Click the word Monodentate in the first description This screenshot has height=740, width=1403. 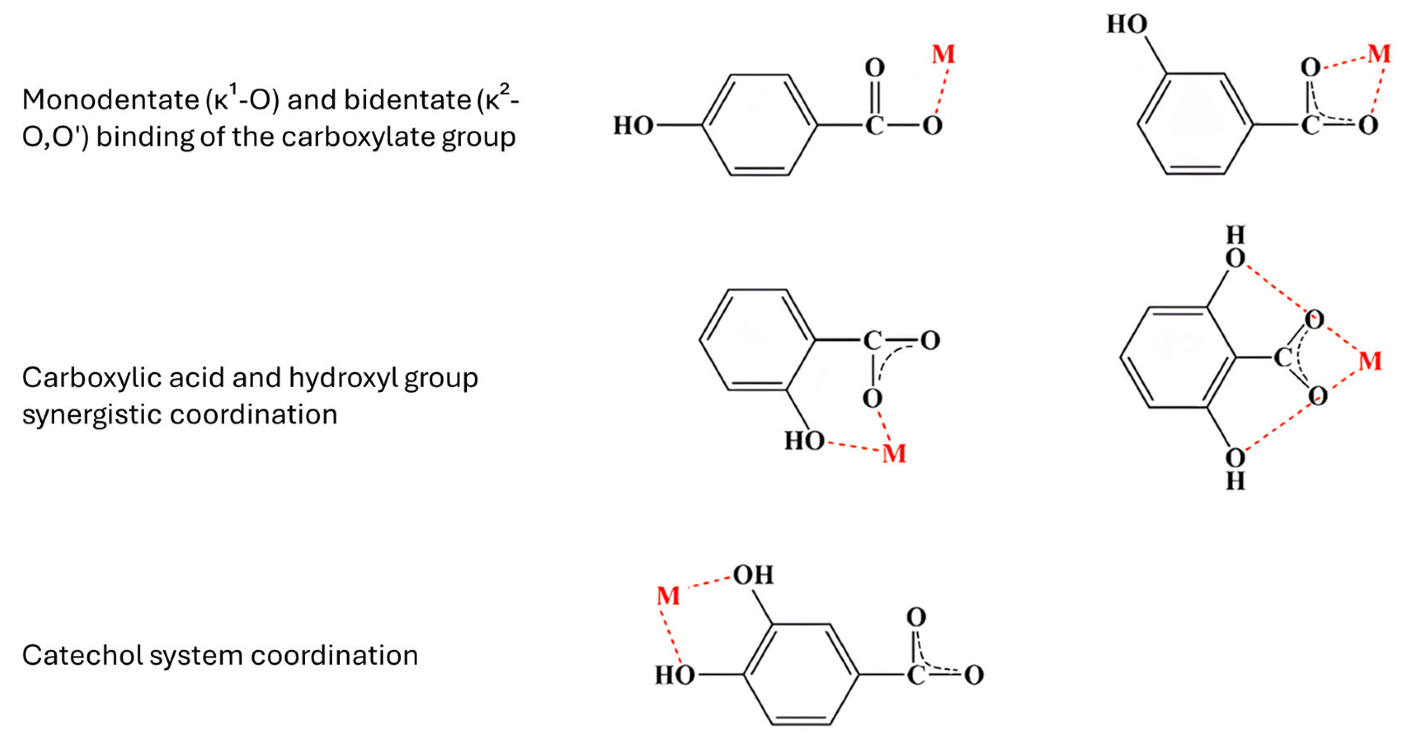pos(110,100)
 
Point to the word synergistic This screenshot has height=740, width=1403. pos(90,415)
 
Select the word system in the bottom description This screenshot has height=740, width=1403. pos(195,655)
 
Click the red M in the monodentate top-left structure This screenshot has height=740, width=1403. pos(943,54)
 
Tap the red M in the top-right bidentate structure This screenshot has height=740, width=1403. pos(1379,54)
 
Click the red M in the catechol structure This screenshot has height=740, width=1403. pos(668,596)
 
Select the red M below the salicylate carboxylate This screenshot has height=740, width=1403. pos(894,454)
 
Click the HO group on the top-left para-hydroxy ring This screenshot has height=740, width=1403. pos(633,126)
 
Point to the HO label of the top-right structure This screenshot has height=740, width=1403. pos(1127,25)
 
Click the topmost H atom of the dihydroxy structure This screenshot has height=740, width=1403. pos(1235,236)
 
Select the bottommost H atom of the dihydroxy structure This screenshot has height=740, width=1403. pos(1235,481)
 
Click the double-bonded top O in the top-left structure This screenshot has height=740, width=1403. pos(875,68)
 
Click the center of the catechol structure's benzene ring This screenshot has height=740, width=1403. pos(801,675)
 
